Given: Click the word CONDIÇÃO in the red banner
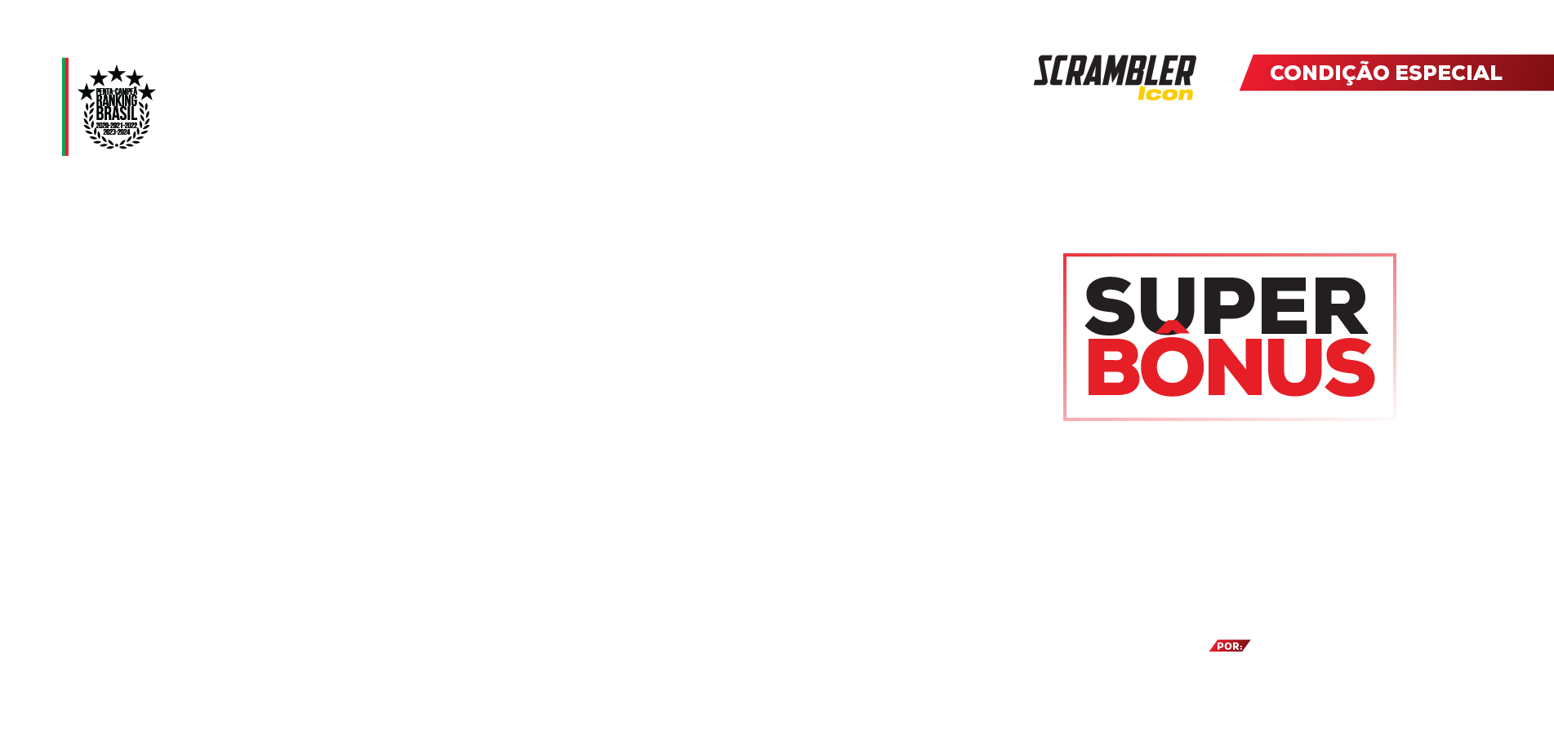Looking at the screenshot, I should (x=1329, y=73).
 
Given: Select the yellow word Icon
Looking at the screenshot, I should (x=1165, y=95).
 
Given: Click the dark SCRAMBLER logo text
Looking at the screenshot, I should (x=1115, y=71).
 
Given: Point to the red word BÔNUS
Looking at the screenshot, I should (x=1231, y=367).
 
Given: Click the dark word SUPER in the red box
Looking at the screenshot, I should (x=1225, y=306).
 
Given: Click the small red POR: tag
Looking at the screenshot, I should (x=1229, y=647).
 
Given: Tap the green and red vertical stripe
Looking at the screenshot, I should (x=65, y=106).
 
